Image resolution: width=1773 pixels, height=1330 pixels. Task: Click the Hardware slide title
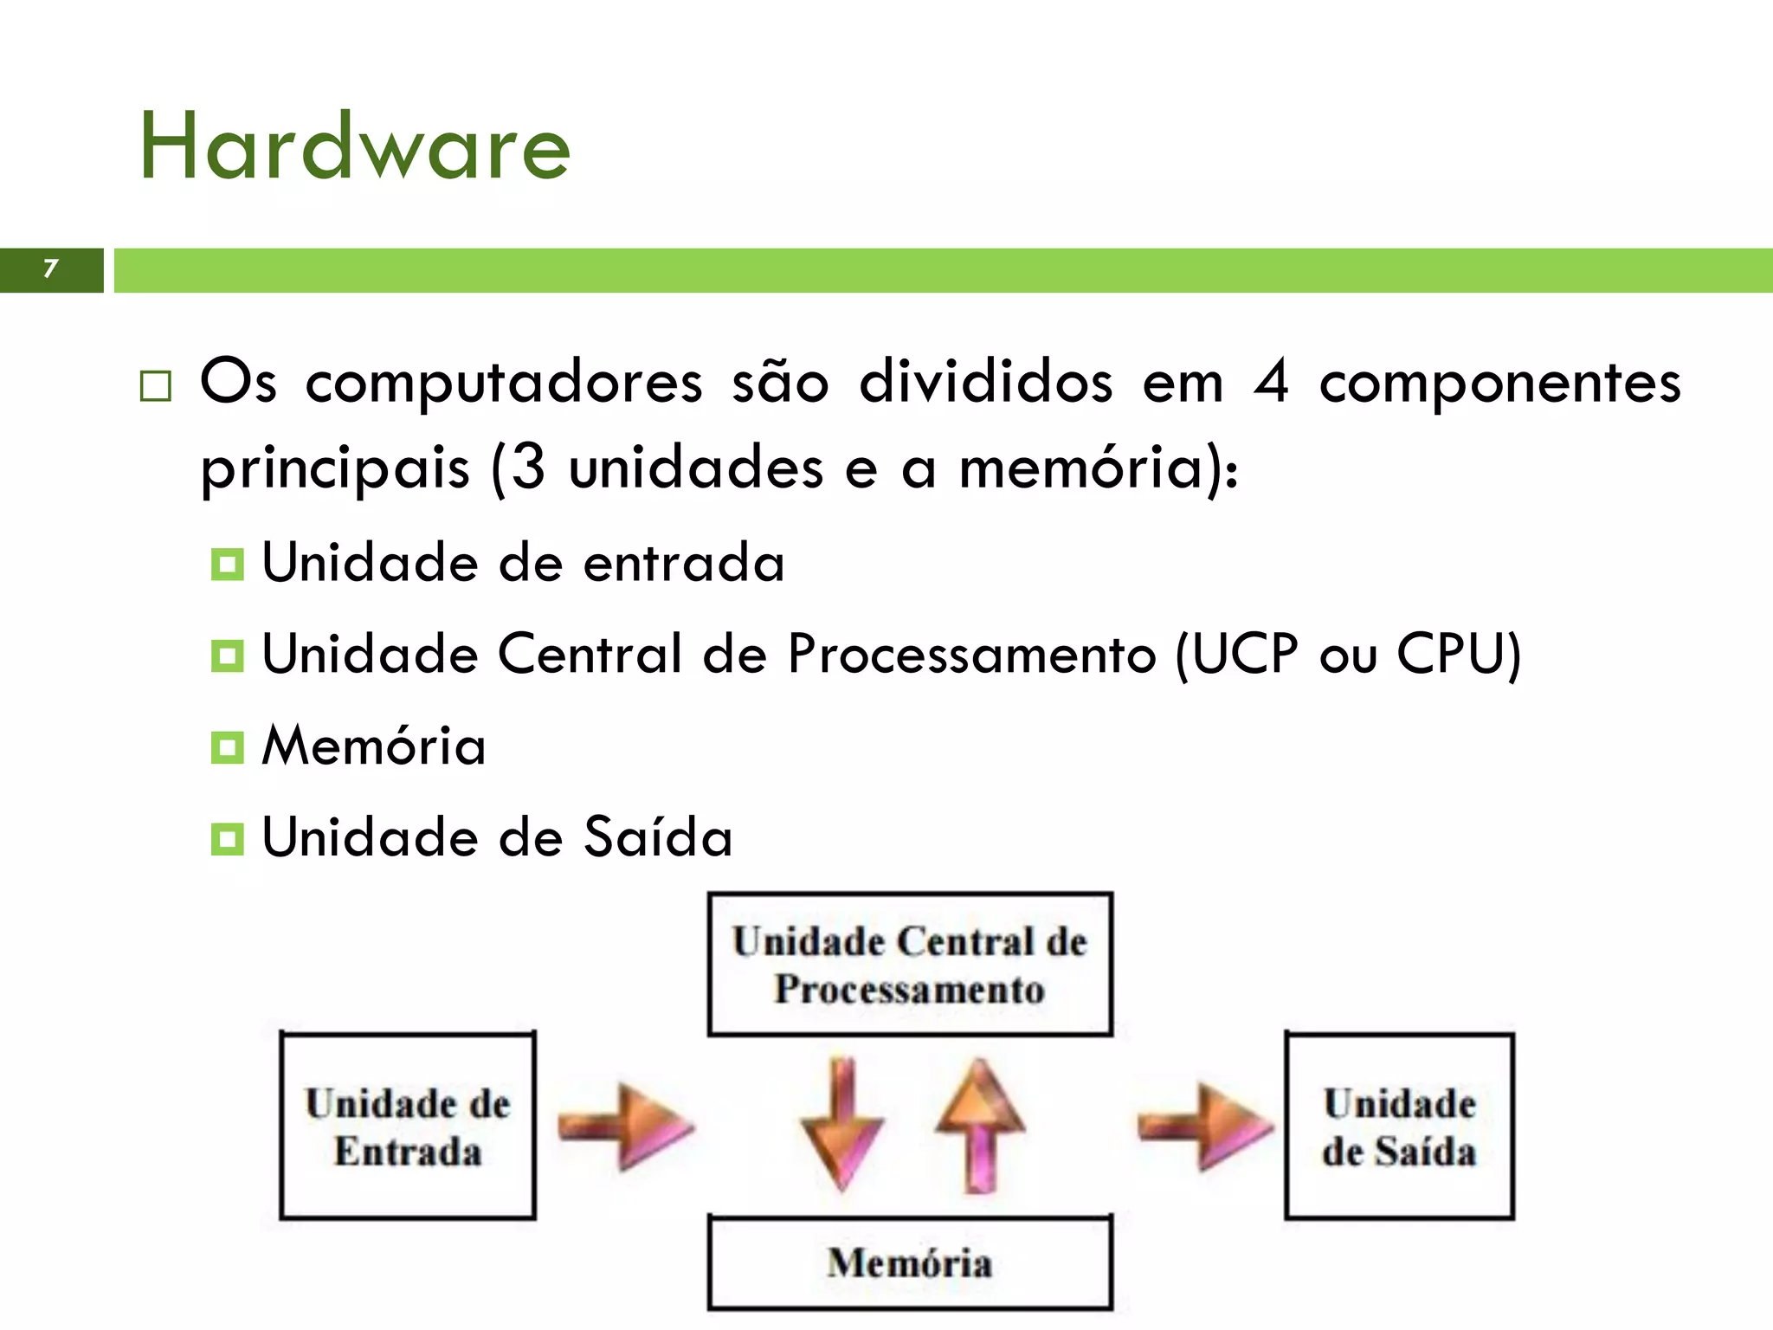pyautogui.click(x=355, y=147)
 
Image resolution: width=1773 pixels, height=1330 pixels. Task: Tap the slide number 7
pyautogui.click(x=51, y=269)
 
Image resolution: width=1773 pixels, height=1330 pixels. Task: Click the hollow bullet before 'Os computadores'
pyautogui.click(x=156, y=386)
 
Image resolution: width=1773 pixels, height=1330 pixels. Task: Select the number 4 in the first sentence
pyautogui.click(x=1271, y=382)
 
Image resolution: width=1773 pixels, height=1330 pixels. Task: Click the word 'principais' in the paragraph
pyautogui.click(x=334, y=468)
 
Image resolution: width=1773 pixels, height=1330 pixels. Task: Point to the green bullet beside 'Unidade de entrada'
pyautogui.click(x=228, y=565)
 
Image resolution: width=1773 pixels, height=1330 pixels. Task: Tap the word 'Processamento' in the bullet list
pyautogui.click(x=971, y=654)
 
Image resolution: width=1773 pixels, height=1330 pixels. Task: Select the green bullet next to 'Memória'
pyautogui.click(x=228, y=747)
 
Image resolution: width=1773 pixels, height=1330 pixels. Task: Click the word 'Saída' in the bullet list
pyautogui.click(x=658, y=837)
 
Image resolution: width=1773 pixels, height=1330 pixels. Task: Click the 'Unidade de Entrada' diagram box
pyautogui.click(x=408, y=1126)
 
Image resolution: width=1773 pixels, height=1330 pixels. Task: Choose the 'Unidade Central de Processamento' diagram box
pyautogui.click(x=910, y=965)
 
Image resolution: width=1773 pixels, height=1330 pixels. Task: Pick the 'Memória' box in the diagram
pyautogui.click(x=910, y=1262)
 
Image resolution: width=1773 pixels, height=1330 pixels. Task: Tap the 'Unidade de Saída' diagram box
pyautogui.click(x=1399, y=1126)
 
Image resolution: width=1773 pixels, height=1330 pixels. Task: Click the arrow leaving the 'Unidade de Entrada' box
pyautogui.click(x=625, y=1126)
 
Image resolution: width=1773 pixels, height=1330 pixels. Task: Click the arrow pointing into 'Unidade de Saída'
pyautogui.click(x=1204, y=1126)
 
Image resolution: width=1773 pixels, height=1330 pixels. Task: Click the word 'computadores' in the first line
pyautogui.click(x=504, y=382)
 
